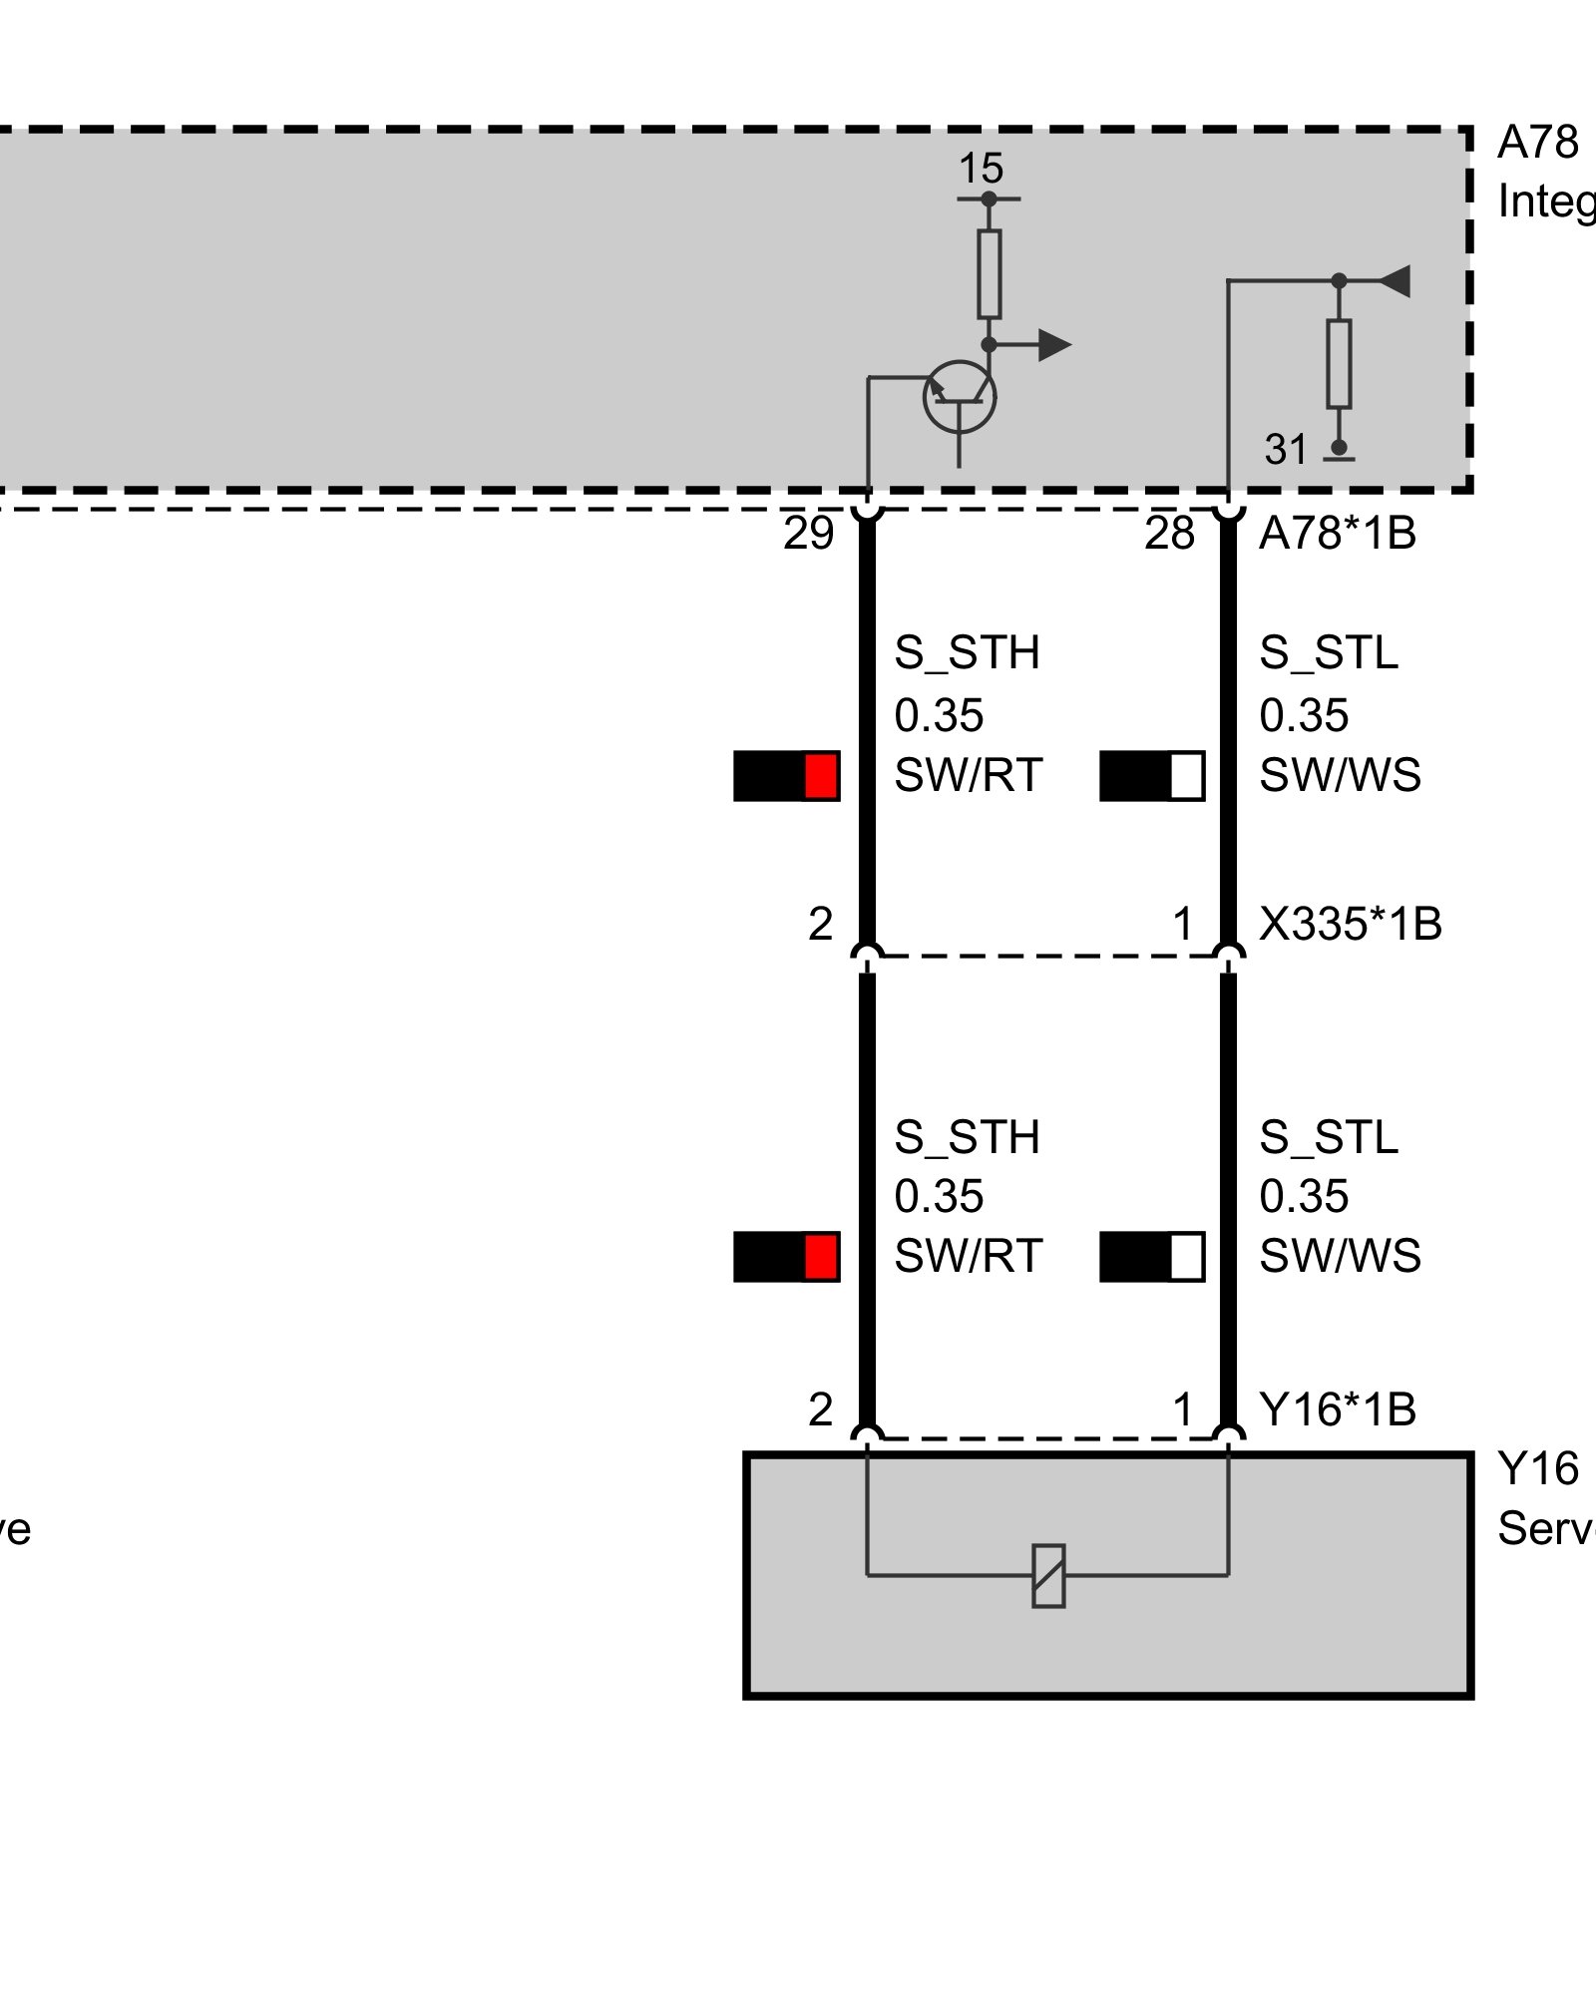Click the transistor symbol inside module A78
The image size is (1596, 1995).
tap(960, 397)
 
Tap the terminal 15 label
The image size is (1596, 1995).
tap(981, 170)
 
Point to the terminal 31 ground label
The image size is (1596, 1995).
tap(1286, 451)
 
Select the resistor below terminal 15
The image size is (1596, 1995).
tap(989, 273)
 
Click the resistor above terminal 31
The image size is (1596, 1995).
tap(1339, 364)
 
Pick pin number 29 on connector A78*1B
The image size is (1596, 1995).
tap(808, 535)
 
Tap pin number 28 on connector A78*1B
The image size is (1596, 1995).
tap(1169, 535)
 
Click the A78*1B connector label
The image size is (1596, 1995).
tap(1337, 535)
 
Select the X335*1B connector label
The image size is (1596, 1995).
tap(1350, 925)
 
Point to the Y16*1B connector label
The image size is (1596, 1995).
tap(1337, 1410)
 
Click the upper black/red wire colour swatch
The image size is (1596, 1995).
tap(786, 776)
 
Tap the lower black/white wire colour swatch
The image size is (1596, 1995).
tap(1151, 1257)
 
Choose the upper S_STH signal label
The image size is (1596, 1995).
tap(967, 653)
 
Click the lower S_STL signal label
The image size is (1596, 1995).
tap(1329, 1138)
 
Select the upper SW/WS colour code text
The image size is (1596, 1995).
tap(1340, 776)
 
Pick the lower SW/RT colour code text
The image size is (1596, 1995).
tap(968, 1257)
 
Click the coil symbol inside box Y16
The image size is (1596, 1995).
tap(1048, 1576)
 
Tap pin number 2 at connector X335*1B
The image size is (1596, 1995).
tap(820, 925)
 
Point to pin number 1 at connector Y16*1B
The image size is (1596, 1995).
tap(1183, 1410)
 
